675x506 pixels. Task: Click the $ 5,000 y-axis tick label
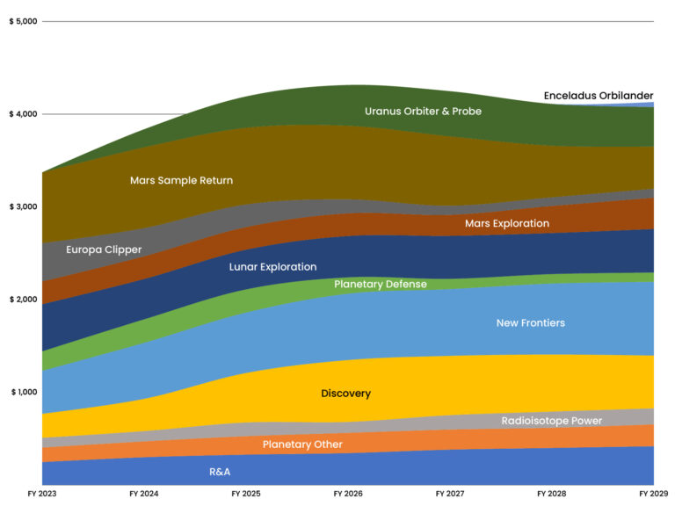tap(22, 21)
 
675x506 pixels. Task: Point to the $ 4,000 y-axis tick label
tap(22, 114)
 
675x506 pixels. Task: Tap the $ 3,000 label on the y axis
tap(22, 206)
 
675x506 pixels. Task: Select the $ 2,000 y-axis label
tap(22, 300)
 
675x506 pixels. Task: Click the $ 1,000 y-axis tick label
tap(22, 392)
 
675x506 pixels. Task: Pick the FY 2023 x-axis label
tap(41, 495)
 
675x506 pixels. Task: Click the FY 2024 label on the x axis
tap(143, 495)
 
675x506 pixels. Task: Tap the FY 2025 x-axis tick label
tap(246, 495)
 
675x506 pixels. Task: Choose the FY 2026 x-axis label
tap(348, 495)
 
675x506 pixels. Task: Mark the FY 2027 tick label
tap(450, 495)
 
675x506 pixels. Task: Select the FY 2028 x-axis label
tap(552, 495)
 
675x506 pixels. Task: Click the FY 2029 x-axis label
tap(653, 495)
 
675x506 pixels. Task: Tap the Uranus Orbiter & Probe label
tap(423, 112)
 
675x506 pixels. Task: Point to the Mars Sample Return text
tap(181, 180)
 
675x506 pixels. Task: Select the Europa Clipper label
tap(104, 249)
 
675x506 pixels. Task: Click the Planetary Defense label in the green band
tap(380, 285)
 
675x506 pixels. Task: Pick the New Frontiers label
tap(530, 323)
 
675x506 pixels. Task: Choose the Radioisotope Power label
tap(551, 421)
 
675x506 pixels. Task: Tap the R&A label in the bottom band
tap(220, 472)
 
